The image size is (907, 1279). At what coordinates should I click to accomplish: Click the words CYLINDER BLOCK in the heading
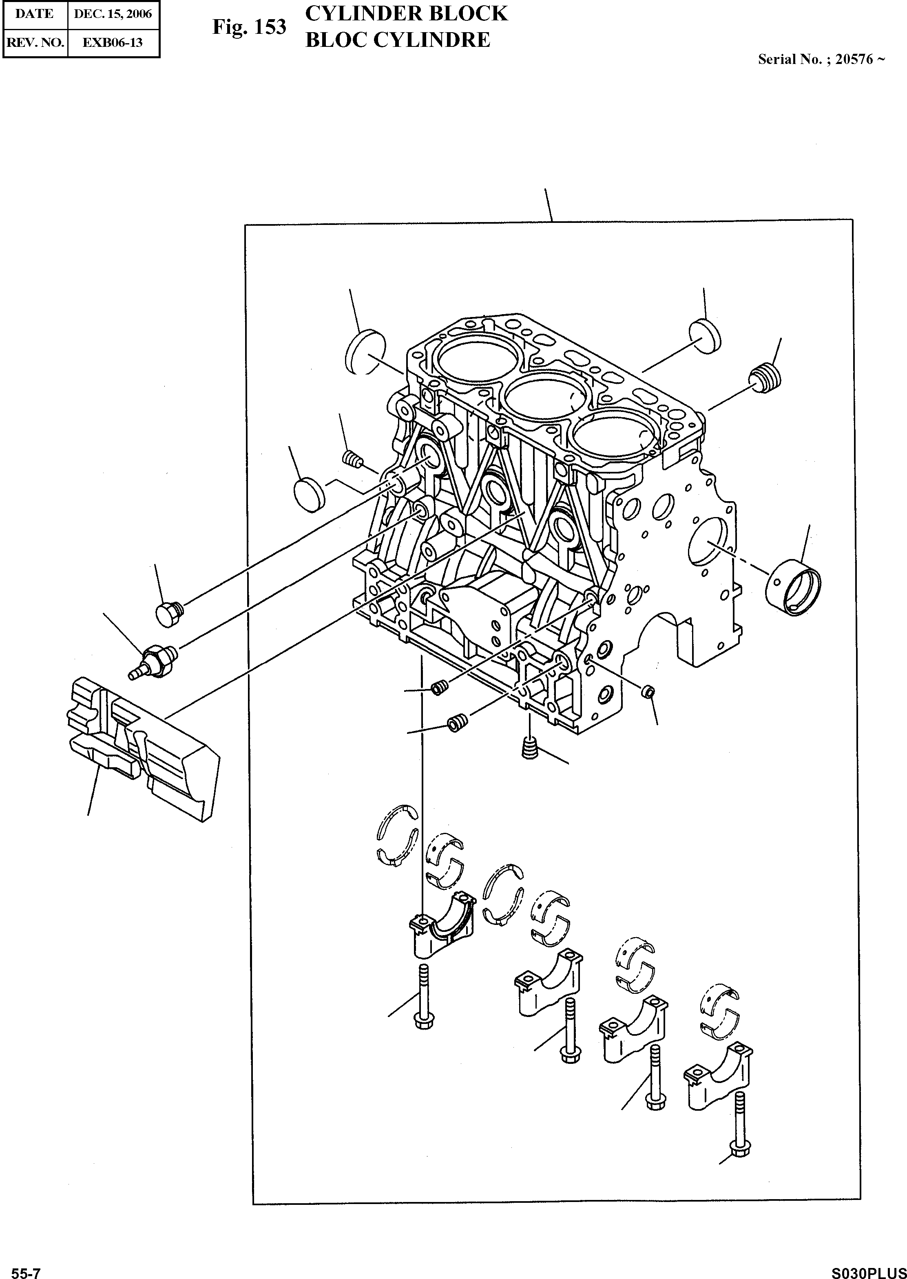pos(406,13)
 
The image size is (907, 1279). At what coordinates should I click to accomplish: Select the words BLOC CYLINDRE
pos(397,40)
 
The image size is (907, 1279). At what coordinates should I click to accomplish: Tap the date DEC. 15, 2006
pos(113,14)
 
